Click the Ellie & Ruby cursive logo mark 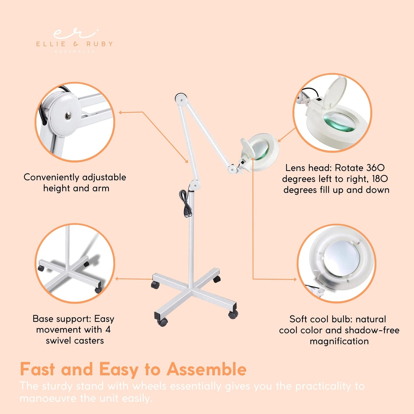75,34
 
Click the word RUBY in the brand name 100,44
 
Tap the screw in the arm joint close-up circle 68,115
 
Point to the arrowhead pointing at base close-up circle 117,278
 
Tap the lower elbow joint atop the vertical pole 195,185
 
